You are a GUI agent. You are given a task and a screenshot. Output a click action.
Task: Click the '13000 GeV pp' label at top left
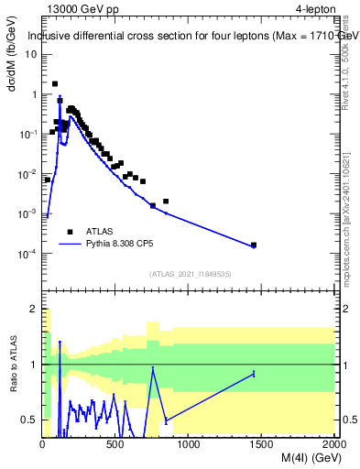tap(82, 10)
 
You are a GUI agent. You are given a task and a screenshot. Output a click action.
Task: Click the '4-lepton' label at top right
tap(314, 10)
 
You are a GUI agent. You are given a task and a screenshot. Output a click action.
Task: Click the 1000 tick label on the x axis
tap(189, 445)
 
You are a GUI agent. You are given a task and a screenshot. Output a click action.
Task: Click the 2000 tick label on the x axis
tap(333, 445)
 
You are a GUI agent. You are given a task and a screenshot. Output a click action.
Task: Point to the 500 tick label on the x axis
tap(115, 445)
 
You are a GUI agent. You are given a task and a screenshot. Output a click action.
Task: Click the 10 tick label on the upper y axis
tap(31, 54)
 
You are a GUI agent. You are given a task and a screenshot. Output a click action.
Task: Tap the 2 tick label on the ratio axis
tap(35, 310)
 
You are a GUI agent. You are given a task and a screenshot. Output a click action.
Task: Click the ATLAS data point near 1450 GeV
tap(254, 245)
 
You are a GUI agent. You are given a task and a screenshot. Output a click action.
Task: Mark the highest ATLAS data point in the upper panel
tap(55, 83)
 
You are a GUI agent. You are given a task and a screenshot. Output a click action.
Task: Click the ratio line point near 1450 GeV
tap(254, 373)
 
